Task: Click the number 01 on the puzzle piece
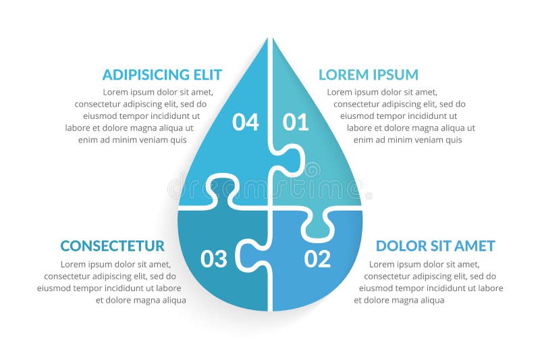tap(296, 122)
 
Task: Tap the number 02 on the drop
tap(317, 259)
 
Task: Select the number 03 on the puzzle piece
tap(214, 259)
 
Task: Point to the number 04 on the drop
tap(246, 122)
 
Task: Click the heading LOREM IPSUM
tap(368, 74)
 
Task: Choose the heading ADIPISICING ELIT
tap(162, 74)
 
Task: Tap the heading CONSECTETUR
tap(112, 246)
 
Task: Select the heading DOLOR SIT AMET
tap(435, 246)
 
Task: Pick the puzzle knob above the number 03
tap(223, 189)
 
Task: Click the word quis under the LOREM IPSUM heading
tap(454, 140)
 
